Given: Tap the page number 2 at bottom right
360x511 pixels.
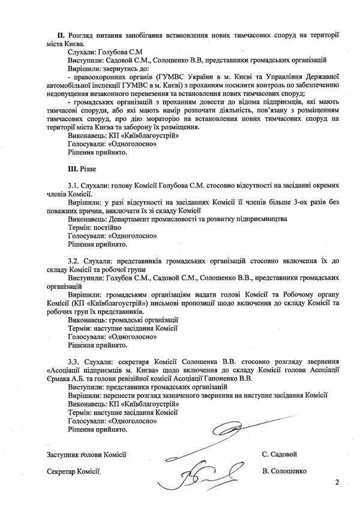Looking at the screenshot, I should [337, 482].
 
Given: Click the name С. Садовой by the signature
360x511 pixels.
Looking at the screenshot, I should [280, 454].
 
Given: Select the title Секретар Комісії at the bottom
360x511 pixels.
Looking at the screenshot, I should [73, 472].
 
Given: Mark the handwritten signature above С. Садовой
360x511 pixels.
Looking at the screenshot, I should [240, 432].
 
